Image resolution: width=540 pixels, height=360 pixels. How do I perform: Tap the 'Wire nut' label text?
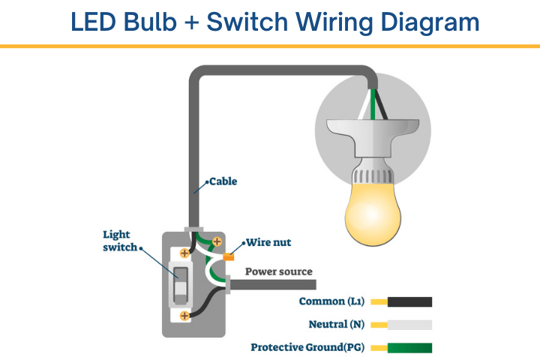268,242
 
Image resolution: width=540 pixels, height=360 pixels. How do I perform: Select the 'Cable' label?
223,181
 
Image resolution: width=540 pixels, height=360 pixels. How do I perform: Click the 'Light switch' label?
120,241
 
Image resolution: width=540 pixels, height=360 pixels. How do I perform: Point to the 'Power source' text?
278,271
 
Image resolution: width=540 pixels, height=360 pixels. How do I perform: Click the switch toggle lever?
180,286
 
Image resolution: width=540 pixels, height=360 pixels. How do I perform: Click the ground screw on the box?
217,241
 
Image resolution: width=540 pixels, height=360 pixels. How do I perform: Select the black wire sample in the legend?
409,302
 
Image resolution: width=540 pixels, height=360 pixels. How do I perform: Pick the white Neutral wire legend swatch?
409,325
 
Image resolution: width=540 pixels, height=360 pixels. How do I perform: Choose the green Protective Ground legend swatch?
409,347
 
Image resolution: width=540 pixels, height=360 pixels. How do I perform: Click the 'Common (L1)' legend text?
331,302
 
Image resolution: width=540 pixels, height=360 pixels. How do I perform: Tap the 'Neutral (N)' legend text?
338,325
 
